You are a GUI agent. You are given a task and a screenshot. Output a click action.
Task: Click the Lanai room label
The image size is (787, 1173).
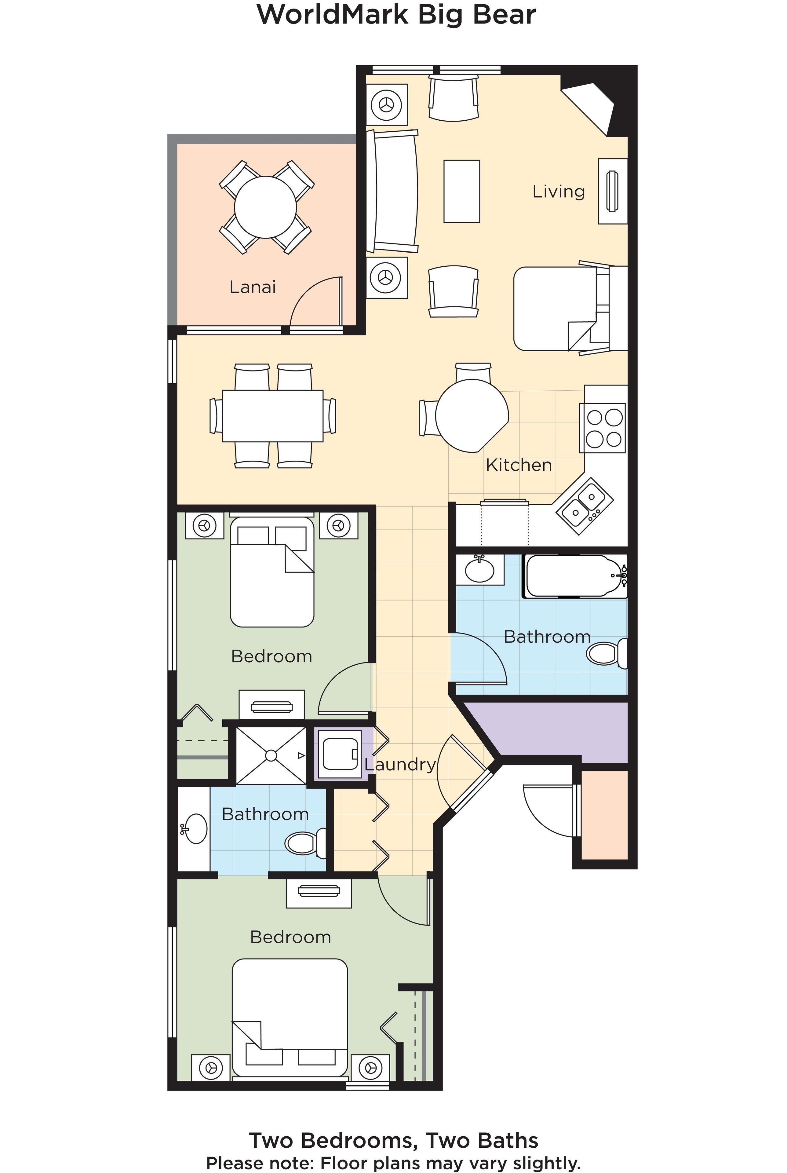253,287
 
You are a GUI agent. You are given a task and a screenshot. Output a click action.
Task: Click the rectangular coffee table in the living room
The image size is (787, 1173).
461,191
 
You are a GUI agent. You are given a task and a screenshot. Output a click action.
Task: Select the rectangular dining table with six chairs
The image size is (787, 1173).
272,416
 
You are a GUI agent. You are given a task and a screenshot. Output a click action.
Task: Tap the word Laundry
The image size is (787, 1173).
400,764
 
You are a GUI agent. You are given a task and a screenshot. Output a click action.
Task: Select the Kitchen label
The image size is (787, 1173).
519,465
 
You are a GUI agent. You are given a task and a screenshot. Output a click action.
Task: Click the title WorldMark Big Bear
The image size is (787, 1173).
396,15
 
